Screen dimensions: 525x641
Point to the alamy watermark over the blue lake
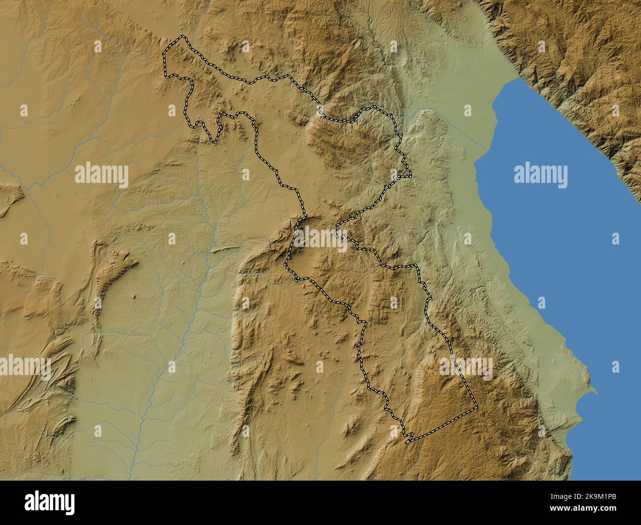click(x=540, y=175)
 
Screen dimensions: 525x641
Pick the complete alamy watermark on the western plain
click(x=102, y=175)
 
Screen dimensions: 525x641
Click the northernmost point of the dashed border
click(x=184, y=36)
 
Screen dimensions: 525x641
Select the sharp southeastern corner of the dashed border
click(x=477, y=407)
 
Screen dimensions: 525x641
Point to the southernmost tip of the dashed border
click(x=407, y=442)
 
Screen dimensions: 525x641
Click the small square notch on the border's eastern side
click(x=407, y=173)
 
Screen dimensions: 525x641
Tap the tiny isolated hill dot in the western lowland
click(x=134, y=297)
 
